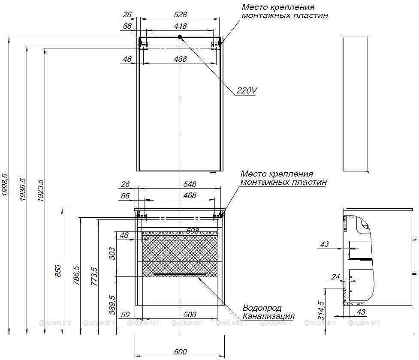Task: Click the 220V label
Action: pos(247,90)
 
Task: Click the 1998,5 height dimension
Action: pos(6,185)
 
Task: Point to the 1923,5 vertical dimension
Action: pos(41,190)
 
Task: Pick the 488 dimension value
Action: pos(181,59)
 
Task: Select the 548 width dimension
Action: pos(189,184)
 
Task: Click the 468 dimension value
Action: pos(189,195)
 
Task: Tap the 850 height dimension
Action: pos(58,272)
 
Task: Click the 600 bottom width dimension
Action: pos(181,352)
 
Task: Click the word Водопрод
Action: pos(262,308)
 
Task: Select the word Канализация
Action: pos(268,316)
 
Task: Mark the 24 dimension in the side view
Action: pos(335,277)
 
